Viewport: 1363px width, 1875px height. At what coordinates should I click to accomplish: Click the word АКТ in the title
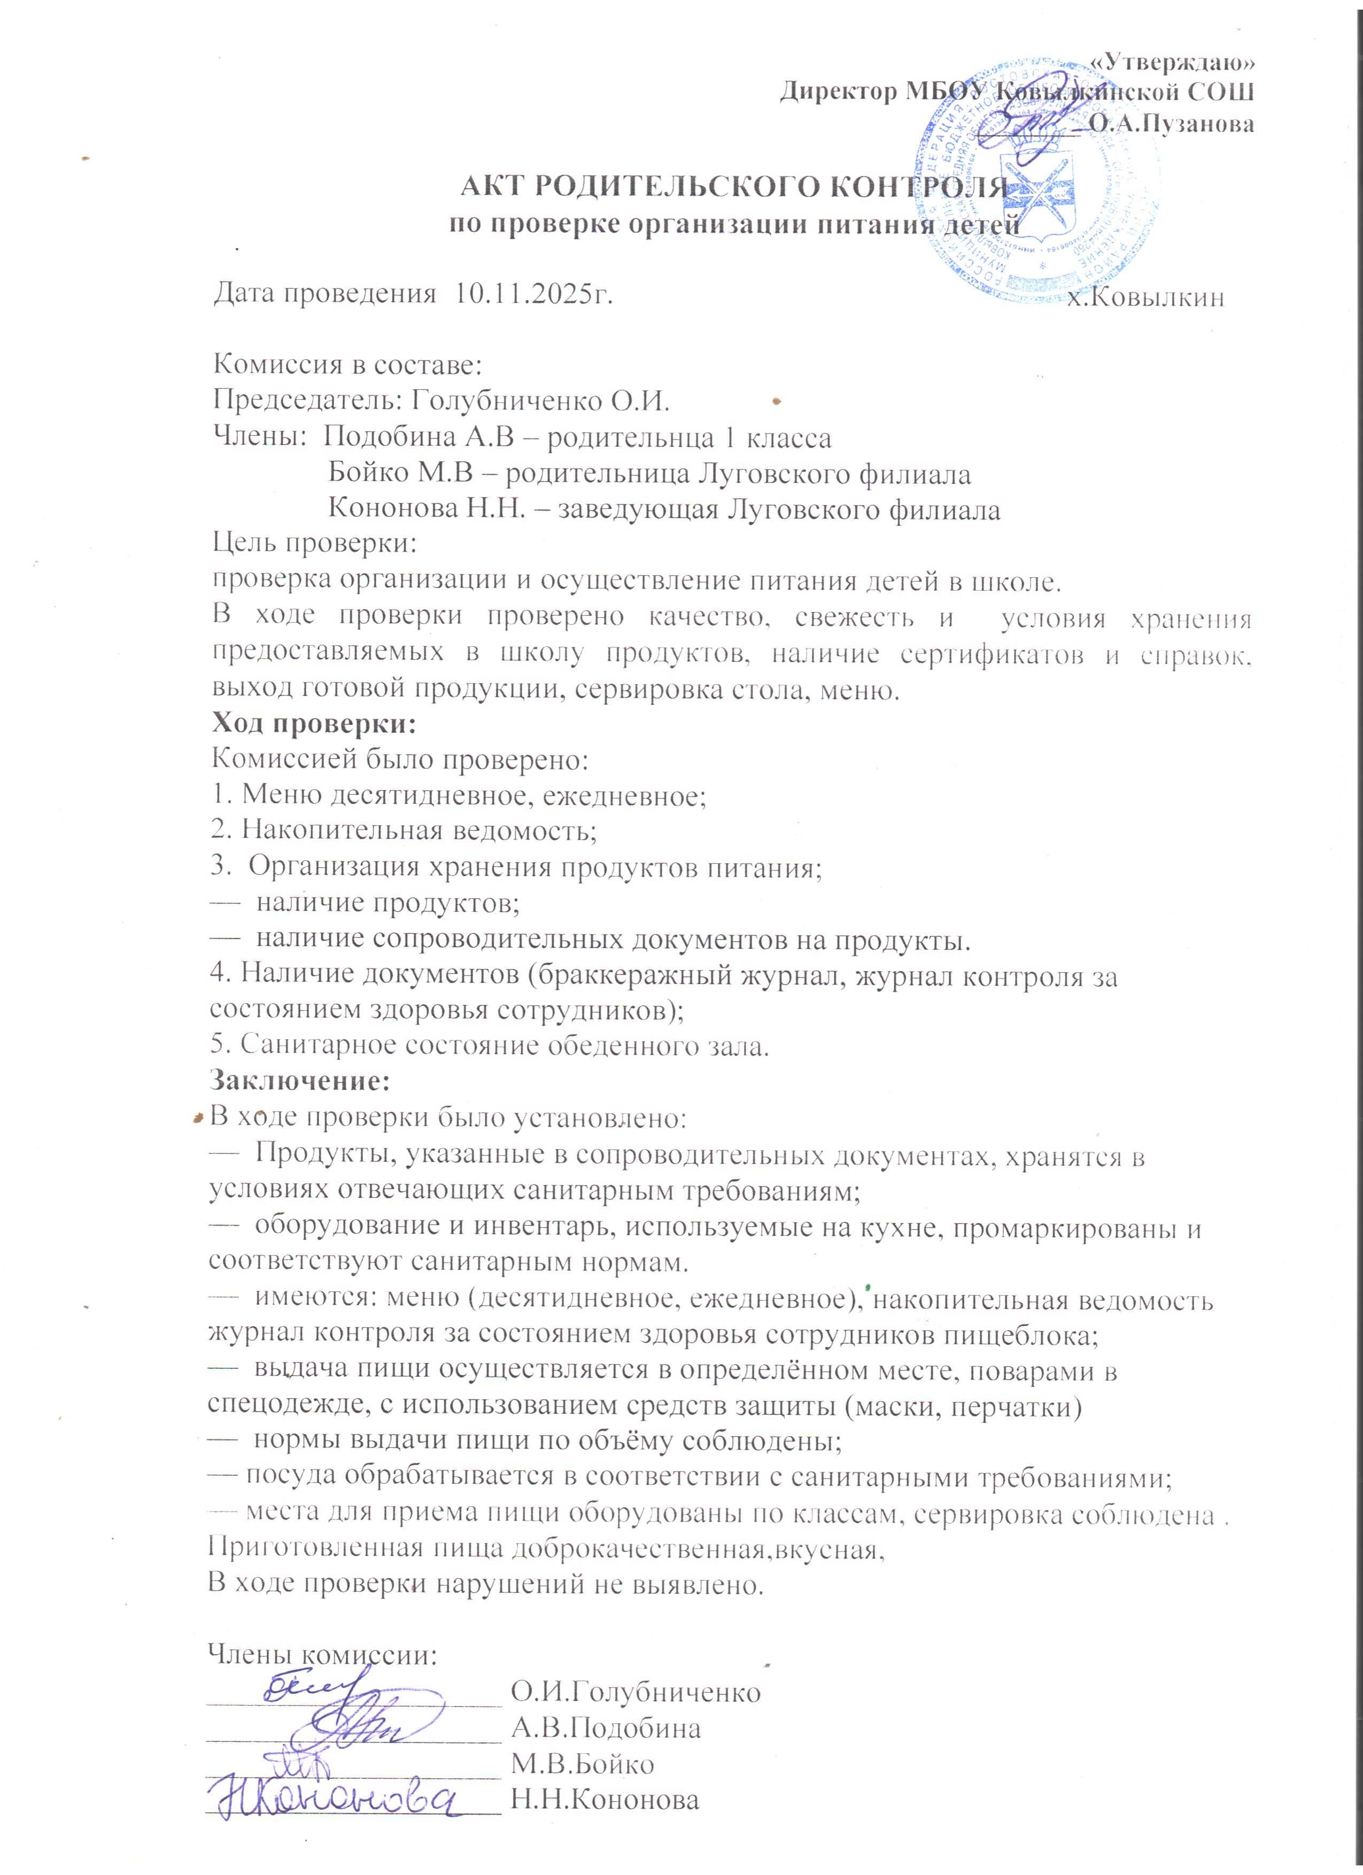coord(493,188)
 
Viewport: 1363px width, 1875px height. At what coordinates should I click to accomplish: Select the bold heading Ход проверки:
coord(314,723)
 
